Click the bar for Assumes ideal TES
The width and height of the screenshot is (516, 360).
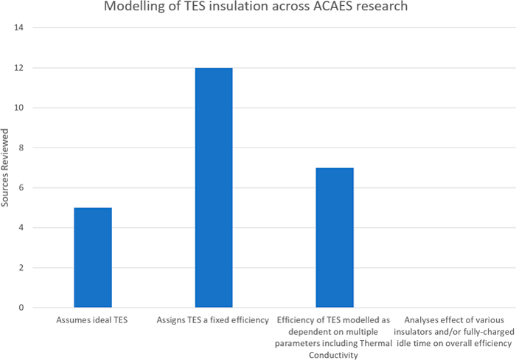point(93,257)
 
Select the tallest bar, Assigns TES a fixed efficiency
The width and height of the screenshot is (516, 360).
point(214,187)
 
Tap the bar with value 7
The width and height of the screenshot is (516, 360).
point(335,238)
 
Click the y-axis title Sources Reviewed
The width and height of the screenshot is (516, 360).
point(6,168)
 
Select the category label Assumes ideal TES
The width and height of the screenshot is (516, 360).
point(93,321)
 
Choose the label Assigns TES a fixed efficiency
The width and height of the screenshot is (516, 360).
point(214,321)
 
